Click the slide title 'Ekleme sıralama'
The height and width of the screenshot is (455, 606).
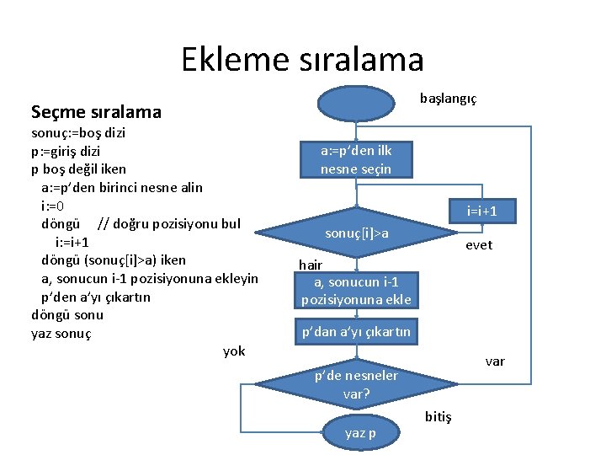(302, 59)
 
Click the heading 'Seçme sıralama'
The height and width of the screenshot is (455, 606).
(96, 111)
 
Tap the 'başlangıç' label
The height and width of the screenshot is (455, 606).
(448, 99)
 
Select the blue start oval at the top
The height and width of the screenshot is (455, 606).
(356, 104)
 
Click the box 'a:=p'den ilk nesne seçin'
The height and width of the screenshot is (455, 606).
(356, 159)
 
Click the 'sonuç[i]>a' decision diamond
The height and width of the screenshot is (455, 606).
(357, 232)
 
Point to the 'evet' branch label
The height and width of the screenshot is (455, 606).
(479, 245)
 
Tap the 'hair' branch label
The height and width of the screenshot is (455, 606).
(311, 265)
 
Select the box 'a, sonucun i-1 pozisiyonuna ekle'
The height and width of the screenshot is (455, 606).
(356, 291)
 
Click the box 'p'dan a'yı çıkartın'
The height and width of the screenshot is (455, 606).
(356, 332)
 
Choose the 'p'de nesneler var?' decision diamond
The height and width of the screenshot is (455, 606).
(357, 384)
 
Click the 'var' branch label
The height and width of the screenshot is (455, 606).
(495, 361)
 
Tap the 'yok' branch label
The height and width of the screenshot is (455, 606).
(234, 351)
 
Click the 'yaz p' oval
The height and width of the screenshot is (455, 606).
(361, 433)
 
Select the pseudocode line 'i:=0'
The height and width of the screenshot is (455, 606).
(53, 205)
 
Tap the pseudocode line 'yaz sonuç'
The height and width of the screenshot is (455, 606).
(61, 333)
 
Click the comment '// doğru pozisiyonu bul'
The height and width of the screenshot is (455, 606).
(169, 223)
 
